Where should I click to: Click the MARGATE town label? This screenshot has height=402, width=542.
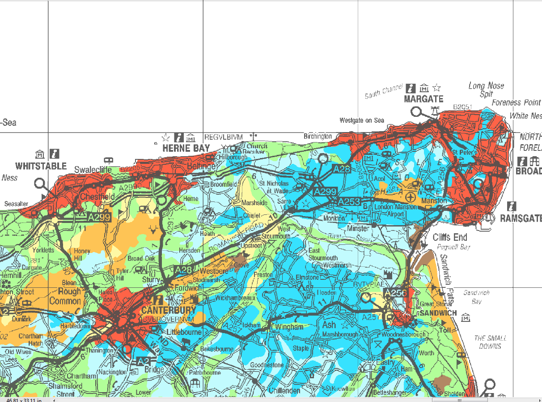(x=423, y=99)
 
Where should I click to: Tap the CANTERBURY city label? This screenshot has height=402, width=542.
(x=168, y=310)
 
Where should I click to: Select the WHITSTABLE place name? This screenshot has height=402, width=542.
(x=41, y=166)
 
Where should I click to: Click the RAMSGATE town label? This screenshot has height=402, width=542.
(x=521, y=218)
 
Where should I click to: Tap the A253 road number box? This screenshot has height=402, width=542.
(x=349, y=202)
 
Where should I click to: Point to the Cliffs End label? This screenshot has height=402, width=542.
(x=449, y=237)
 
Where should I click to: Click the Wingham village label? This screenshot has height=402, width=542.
(x=289, y=327)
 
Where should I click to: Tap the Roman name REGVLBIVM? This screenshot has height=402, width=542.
(x=223, y=137)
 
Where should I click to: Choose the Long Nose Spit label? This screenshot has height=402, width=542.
(x=486, y=90)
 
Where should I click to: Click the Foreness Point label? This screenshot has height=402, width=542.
(x=516, y=103)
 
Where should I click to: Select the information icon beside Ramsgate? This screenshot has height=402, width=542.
(x=512, y=206)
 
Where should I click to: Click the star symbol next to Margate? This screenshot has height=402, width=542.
(x=437, y=88)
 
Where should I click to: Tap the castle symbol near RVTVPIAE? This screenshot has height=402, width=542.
(x=387, y=274)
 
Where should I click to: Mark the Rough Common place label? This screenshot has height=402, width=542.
(x=65, y=296)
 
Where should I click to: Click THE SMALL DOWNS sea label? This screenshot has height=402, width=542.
(x=490, y=342)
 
